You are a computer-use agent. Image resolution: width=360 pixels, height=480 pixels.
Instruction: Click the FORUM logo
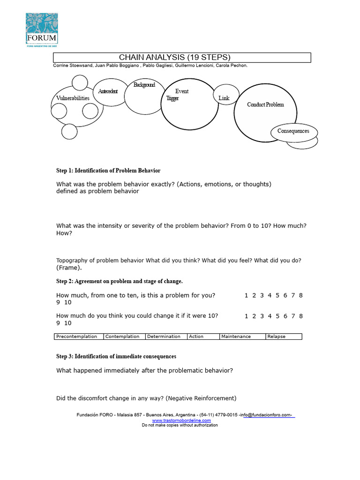41,30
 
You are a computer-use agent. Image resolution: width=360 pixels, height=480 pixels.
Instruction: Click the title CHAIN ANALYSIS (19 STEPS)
175,57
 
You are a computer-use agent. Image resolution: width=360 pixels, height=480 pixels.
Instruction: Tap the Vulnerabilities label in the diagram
73,98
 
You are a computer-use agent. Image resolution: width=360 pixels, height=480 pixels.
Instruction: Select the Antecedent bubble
108,91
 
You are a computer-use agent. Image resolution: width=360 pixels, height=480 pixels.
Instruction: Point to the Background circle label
144,85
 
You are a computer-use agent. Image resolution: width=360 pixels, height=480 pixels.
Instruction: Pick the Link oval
224,97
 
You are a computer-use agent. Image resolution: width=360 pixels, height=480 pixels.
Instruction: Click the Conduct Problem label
265,105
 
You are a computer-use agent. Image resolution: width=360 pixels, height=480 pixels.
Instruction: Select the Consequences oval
293,131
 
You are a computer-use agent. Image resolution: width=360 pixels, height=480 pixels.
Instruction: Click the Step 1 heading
108,171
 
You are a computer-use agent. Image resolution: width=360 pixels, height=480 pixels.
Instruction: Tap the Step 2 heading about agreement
120,281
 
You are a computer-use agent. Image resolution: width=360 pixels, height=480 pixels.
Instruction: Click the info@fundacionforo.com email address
266,415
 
